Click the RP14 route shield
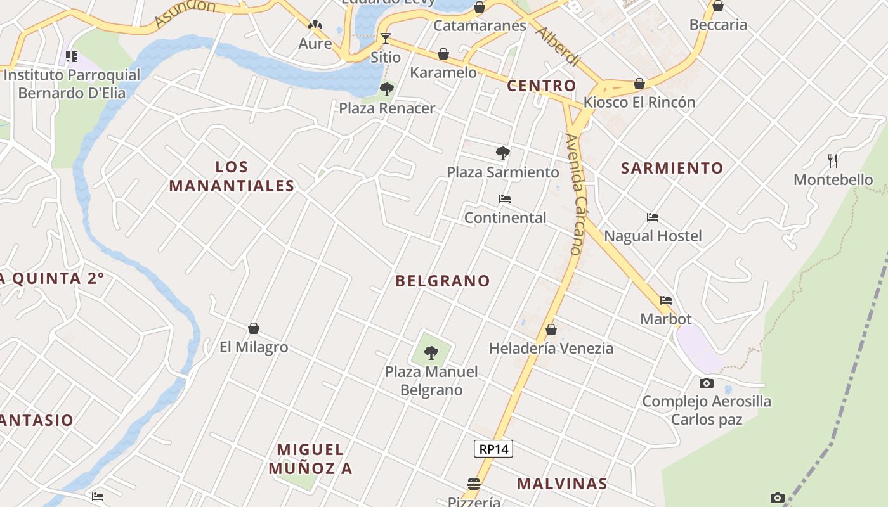pyautogui.click(x=493, y=449)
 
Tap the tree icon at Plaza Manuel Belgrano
pyautogui.click(x=431, y=352)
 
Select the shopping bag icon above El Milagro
pyautogui.click(x=254, y=328)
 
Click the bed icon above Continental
pyautogui.click(x=505, y=199)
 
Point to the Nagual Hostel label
pyautogui.click(x=653, y=236)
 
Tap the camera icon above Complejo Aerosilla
pyautogui.click(x=706, y=383)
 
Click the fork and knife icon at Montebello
pyautogui.click(x=833, y=161)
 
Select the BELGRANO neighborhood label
pyautogui.click(x=443, y=281)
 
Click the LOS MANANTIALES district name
pyautogui.click(x=232, y=176)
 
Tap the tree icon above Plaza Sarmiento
pyautogui.click(x=502, y=153)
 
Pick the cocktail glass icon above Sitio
pyautogui.click(x=385, y=39)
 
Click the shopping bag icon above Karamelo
pyautogui.click(x=443, y=54)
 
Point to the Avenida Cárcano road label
pyautogui.click(x=575, y=193)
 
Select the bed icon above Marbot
pyautogui.click(x=665, y=300)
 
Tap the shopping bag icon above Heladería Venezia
pyautogui.click(x=551, y=330)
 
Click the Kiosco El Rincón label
pyautogui.click(x=639, y=102)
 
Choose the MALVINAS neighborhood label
pyautogui.click(x=561, y=484)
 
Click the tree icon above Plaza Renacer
pyautogui.click(x=386, y=89)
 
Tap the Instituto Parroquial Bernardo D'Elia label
pyautogui.click(x=72, y=84)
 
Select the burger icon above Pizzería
pyautogui.click(x=473, y=484)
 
